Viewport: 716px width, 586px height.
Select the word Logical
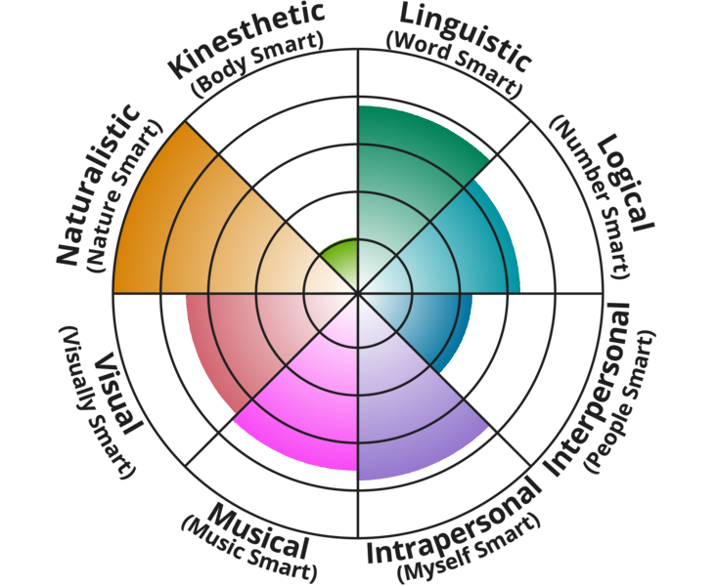tap(626, 183)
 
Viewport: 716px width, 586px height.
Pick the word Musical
tap(258, 531)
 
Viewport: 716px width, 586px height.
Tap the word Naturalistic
tap(98, 185)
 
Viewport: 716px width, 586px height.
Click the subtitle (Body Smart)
tap(258, 64)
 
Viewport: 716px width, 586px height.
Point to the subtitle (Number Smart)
tap(593, 197)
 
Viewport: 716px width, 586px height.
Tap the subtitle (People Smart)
tap(620, 401)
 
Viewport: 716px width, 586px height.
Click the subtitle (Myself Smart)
tap(470, 550)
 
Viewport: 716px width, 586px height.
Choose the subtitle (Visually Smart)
tap(97, 402)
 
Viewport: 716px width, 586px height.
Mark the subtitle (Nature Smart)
tap(124, 197)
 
